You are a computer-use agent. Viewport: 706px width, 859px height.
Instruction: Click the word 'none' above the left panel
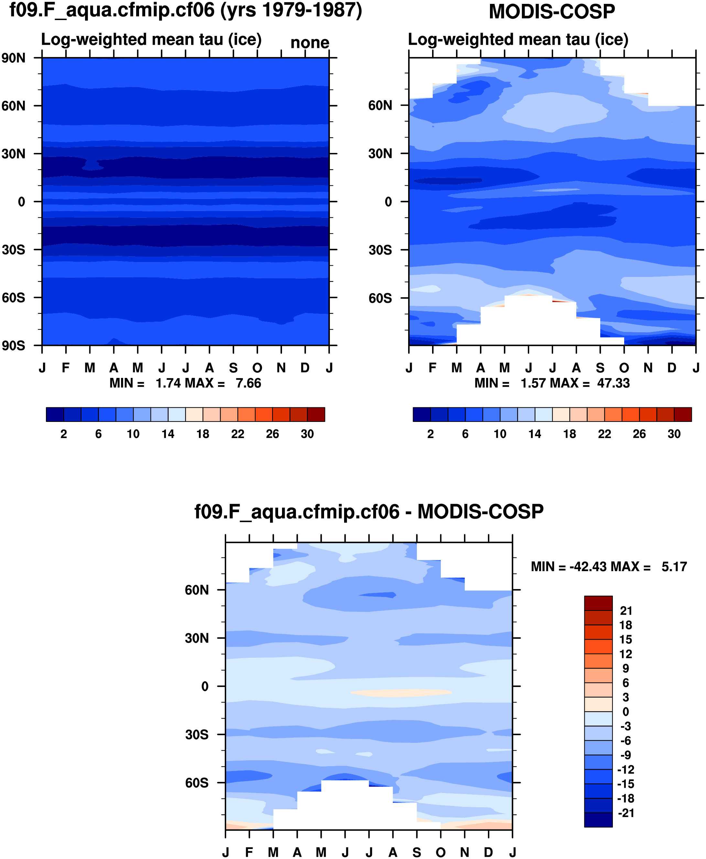310,43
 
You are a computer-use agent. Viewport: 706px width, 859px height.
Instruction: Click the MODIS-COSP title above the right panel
551,11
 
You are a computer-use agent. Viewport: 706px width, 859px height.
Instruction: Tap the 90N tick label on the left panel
13,58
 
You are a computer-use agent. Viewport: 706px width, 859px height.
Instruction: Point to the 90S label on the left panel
13,346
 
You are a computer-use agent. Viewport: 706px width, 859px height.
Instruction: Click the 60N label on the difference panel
197,590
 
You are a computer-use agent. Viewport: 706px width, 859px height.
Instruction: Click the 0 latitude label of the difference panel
205,687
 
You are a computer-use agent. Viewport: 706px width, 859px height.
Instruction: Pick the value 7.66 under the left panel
248,383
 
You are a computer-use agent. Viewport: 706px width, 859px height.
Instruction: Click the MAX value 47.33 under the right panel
613,383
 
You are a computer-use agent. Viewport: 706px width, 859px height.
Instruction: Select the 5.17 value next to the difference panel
674,567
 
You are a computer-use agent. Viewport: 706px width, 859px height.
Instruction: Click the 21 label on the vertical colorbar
626,611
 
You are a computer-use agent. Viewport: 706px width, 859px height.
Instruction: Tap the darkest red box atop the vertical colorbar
598,603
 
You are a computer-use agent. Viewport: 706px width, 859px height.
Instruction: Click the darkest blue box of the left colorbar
55,414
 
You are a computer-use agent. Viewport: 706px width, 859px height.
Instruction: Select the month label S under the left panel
233,368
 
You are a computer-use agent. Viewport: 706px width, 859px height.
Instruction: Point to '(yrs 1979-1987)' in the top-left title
291,11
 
